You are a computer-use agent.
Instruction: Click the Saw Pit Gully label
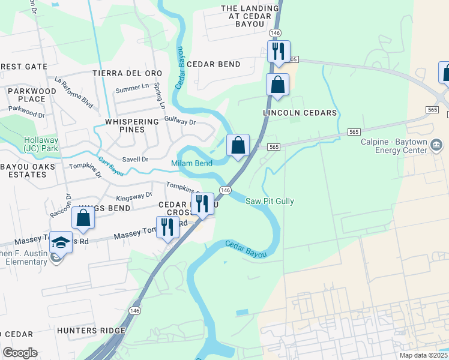[270, 202]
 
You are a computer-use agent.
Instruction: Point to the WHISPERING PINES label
[125, 125]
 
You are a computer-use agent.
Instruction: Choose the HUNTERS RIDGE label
[91, 331]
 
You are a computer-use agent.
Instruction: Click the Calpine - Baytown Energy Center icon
[436, 145]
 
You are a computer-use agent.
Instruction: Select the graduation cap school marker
[61, 243]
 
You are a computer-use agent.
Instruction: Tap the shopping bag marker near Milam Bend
[238, 146]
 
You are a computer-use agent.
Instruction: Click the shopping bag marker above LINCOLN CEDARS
[278, 85]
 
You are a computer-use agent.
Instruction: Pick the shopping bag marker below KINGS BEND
[83, 219]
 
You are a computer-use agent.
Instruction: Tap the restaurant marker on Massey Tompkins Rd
[167, 227]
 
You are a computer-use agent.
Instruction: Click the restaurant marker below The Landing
[279, 52]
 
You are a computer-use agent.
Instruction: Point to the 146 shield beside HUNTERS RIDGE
[136, 311]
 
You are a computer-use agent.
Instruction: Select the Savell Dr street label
[135, 159]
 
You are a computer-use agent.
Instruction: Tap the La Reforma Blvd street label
[73, 88]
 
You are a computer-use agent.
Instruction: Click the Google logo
[20, 353]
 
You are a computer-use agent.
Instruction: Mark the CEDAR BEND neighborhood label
[214, 64]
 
